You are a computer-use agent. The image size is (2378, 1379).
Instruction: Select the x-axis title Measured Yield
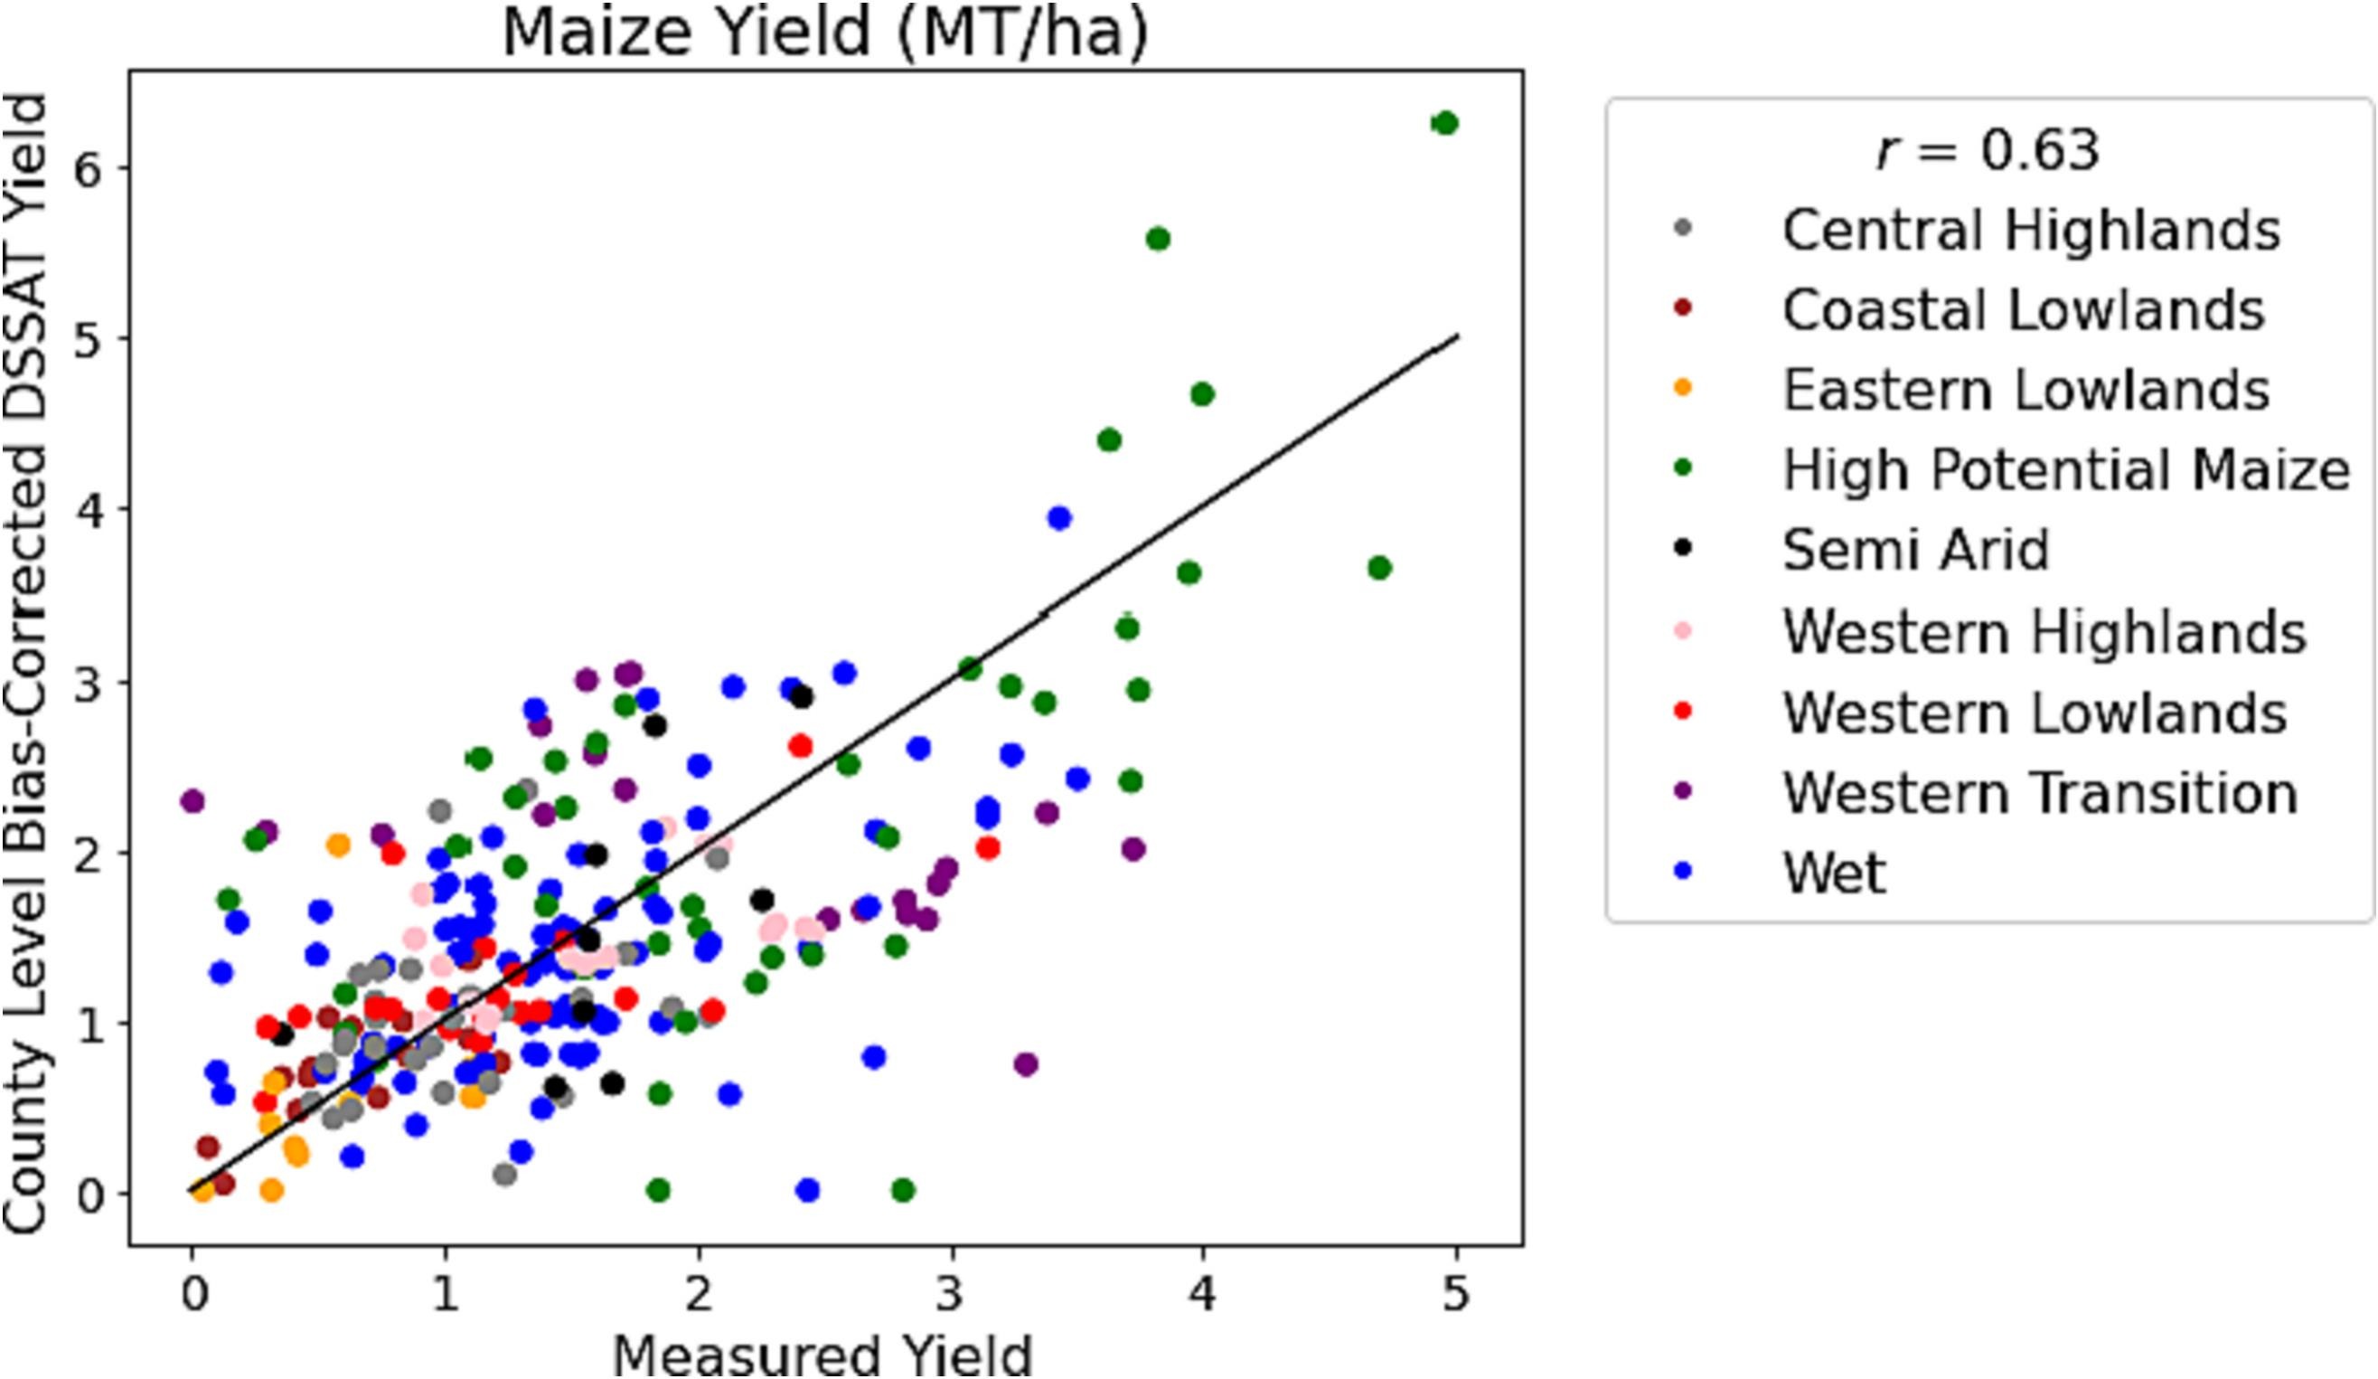[822, 1355]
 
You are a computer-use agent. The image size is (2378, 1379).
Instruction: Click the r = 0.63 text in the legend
[1988, 150]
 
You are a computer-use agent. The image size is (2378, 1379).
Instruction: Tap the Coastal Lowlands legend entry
[2023, 310]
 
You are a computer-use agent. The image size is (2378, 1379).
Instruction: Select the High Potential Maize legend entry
[2065, 470]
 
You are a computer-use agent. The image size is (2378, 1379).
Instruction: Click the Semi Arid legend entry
[1915, 549]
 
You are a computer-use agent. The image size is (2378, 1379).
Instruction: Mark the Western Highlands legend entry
[2044, 631]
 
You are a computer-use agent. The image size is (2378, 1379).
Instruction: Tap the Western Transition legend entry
[2039, 793]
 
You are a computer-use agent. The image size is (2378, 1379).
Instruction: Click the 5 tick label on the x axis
[1455, 1293]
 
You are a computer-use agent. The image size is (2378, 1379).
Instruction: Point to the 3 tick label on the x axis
[950, 1293]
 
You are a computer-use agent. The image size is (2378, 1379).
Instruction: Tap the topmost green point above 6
[1444, 124]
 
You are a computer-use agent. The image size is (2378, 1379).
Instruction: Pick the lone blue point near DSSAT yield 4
[1058, 518]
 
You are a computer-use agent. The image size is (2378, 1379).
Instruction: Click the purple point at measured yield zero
[193, 802]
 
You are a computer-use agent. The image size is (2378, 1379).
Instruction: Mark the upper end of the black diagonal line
[1458, 336]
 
